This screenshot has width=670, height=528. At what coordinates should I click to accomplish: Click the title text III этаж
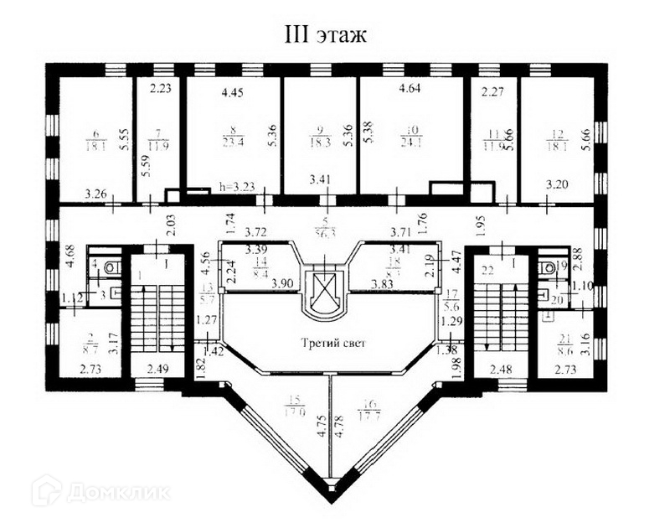[x=327, y=35]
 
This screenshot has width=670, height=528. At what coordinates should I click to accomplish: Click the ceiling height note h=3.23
[x=234, y=189]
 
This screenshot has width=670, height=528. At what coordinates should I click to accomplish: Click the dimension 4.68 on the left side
[x=70, y=256]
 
